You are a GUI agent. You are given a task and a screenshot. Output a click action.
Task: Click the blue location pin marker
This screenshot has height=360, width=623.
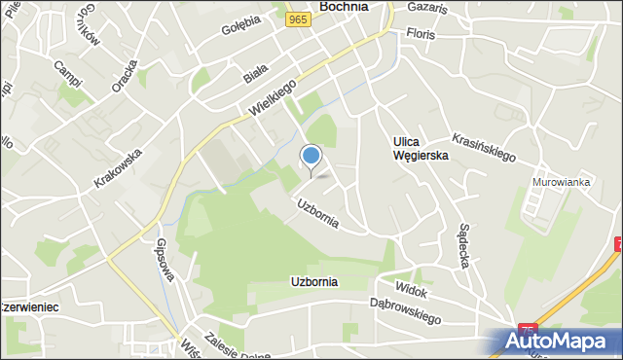(311, 157)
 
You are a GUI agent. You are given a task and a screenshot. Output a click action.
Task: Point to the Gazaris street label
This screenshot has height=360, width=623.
(427, 9)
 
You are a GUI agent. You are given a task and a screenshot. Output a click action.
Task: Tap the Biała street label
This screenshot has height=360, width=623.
(255, 72)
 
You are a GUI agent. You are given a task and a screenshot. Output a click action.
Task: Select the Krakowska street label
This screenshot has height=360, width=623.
(119, 167)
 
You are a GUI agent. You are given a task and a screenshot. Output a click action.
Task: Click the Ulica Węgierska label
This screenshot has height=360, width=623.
(421, 148)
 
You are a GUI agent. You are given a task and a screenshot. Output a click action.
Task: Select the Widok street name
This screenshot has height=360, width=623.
(412, 289)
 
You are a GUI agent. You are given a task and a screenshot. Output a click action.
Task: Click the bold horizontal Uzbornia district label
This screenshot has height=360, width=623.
(313, 282)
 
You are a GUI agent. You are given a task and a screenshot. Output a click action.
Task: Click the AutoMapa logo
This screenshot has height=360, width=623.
(559, 342)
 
